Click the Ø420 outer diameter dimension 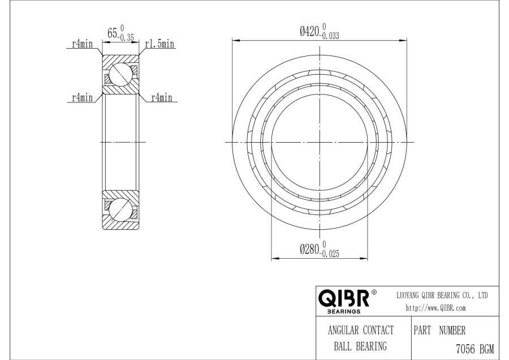point(320,32)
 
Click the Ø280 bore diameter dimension point(320,249)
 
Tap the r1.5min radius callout point(159,44)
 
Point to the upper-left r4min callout point(82,44)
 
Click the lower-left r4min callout point(82,97)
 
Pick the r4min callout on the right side point(161,97)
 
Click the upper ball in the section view point(120,74)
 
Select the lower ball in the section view point(120,209)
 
